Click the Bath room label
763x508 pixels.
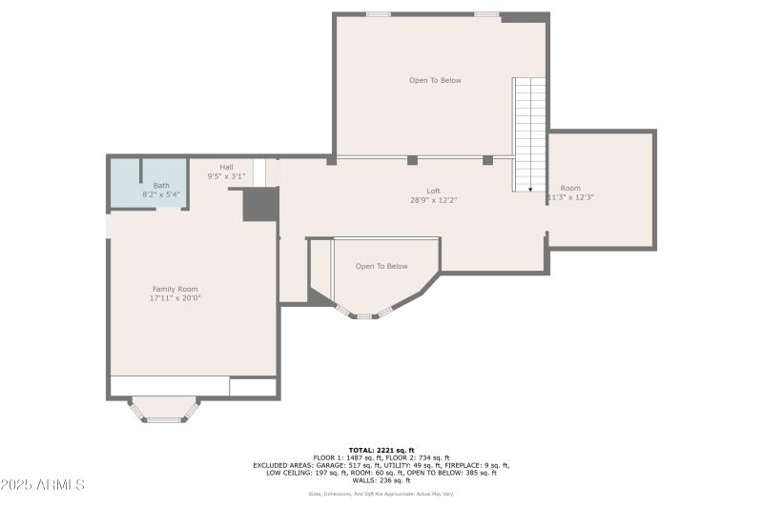[161, 185]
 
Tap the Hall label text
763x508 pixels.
[226, 167]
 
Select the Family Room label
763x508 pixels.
[175, 289]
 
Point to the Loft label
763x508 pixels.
[433, 191]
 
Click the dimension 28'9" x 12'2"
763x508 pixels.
[433, 200]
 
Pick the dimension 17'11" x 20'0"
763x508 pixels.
[175, 298]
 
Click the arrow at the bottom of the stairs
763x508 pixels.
[530, 188]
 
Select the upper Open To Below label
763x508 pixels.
[435, 80]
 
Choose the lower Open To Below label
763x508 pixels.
[381, 266]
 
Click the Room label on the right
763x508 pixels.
[570, 188]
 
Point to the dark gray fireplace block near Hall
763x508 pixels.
[260, 204]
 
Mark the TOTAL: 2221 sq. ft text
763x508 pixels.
[381, 449]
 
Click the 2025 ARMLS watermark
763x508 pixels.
[44, 485]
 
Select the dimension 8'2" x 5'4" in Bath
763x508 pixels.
[161, 194]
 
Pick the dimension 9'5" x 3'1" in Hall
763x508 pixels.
[226, 176]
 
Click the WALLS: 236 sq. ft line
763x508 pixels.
[381, 480]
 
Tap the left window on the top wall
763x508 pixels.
[379, 14]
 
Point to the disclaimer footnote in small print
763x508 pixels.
[381, 494]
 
